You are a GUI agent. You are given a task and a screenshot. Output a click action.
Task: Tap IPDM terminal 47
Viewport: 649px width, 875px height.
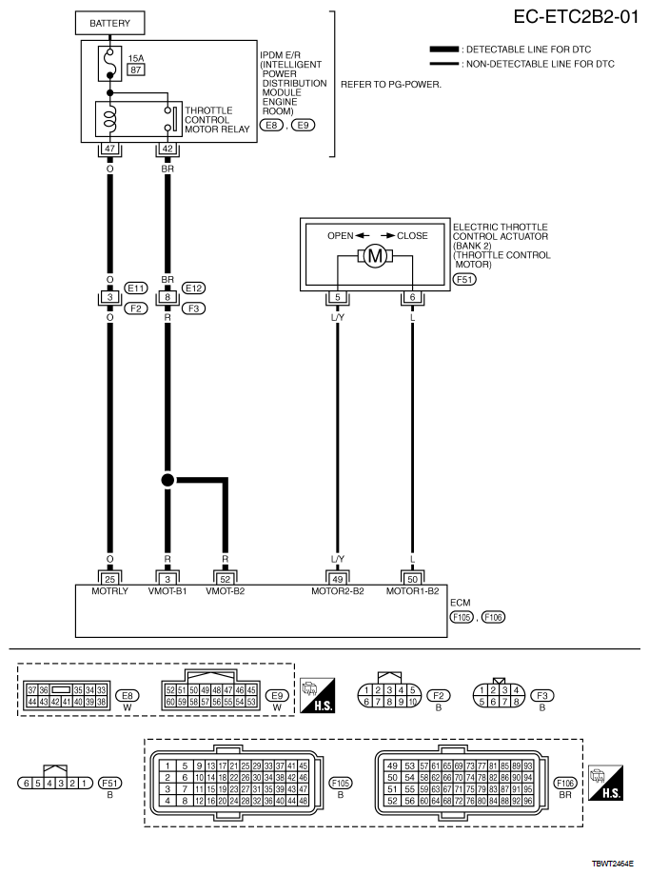tap(109, 149)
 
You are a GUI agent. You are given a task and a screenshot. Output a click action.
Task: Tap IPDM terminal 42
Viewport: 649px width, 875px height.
tap(167, 149)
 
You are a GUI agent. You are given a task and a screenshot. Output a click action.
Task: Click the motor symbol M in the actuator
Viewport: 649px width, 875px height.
tap(374, 256)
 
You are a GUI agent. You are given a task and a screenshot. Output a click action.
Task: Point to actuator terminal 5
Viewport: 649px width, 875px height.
tap(337, 297)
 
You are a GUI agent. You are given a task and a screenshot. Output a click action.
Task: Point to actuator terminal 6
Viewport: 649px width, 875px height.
tap(411, 297)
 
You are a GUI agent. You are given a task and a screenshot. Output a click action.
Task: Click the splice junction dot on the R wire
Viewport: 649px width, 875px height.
tap(167, 480)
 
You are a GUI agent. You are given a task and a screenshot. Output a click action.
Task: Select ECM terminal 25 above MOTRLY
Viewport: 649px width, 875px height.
tap(109, 577)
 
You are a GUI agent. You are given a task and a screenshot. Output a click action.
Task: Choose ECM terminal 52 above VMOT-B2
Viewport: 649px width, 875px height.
tap(226, 577)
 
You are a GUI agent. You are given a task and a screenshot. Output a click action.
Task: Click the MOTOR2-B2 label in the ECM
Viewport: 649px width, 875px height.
tap(338, 591)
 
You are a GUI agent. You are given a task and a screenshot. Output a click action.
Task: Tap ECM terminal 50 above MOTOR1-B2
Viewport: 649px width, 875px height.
tap(411, 577)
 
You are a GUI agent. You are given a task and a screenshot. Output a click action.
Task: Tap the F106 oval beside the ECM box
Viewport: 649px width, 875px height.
tap(493, 617)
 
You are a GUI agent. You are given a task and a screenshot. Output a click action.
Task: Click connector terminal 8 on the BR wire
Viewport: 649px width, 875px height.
tap(167, 297)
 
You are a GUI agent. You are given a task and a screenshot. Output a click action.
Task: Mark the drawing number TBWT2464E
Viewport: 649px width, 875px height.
tap(612, 865)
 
